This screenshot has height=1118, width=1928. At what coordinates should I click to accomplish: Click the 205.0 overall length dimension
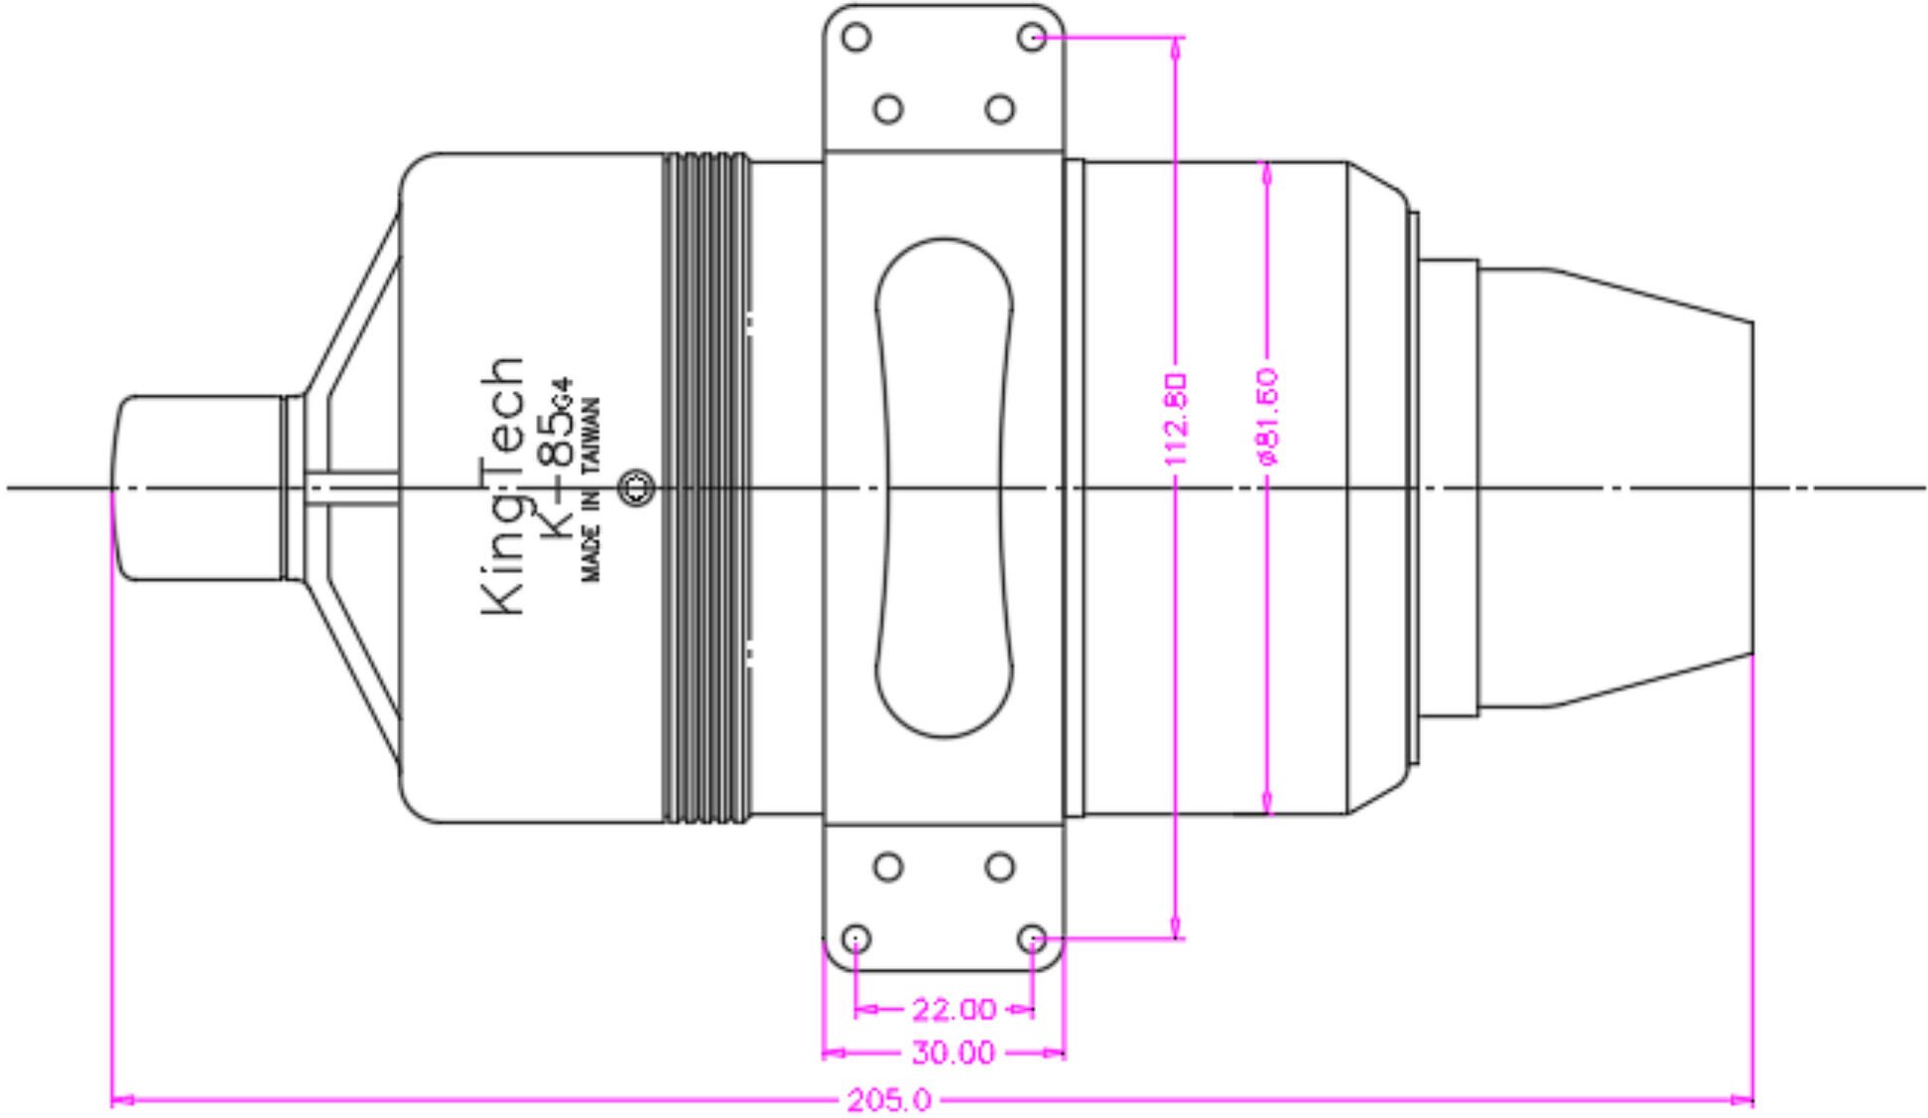click(x=888, y=1100)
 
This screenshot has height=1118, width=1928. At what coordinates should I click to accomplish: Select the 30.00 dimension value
click(x=952, y=1053)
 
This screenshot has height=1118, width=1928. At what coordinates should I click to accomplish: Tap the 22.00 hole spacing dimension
click(x=952, y=1010)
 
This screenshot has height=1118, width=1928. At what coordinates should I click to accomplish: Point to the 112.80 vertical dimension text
click(x=1176, y=419)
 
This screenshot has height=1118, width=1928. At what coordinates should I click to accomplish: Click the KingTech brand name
click(x=503, y=486)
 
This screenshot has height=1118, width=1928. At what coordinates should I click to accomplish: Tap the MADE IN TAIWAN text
click(x=590, y=489)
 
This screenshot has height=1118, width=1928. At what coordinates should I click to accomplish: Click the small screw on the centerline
click(x=637, y=487)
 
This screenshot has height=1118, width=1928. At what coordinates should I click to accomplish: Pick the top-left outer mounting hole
click(x=856, y=38)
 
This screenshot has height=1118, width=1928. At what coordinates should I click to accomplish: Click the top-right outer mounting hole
click(x=1032, y=38)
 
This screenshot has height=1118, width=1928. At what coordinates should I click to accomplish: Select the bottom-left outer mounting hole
click(x=856, y=938)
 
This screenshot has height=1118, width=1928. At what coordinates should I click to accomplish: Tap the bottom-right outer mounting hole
click(x=1032, y=938)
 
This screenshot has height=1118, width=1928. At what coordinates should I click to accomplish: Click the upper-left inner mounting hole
click(x=888, y=108)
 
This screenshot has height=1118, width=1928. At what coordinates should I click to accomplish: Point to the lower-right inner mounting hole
click(x=1000, y=867)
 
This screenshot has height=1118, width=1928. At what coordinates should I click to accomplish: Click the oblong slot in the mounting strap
click(x=944, y=487)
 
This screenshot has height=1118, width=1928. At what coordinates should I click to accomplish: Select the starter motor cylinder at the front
click(x=198, y=487)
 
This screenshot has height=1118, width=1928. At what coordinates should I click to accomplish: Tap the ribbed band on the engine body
click(x=706, y=487)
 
